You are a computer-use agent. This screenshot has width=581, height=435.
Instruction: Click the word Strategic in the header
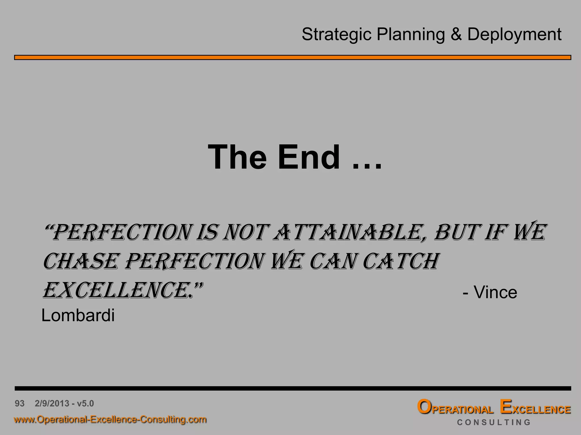point(336,35)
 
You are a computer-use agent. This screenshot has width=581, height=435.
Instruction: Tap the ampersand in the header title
point(456,35)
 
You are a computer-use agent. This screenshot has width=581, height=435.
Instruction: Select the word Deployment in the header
point(514,35)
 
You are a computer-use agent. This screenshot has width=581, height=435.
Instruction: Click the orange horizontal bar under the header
point(292,57)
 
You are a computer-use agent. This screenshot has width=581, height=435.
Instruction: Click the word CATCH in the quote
point(401,261)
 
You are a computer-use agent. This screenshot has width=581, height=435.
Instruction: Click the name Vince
point(495,293)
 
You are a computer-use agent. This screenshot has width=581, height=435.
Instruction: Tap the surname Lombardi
point(78,315)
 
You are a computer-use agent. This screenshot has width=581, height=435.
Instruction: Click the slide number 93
point(20,403)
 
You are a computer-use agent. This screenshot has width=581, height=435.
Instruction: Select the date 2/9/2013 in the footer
point(52,403)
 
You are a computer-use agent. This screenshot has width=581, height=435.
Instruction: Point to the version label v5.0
point(85,403)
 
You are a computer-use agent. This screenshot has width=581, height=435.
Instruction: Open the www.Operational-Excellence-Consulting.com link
point(110,419)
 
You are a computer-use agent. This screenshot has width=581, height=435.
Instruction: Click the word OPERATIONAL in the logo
point(455,408)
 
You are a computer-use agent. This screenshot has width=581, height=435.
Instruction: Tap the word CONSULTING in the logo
point(494,422)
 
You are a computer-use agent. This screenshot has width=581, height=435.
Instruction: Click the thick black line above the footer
point(292,388)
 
